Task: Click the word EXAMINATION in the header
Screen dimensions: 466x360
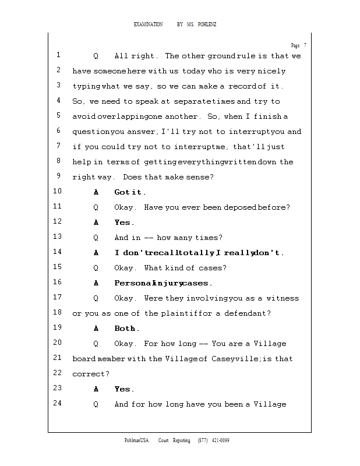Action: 148,24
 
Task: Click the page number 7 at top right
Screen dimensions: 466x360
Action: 305,45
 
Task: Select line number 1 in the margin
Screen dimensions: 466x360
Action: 58,56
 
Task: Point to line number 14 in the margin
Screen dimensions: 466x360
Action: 57,253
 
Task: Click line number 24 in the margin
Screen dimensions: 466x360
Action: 57,404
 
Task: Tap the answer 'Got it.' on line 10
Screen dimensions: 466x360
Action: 130,192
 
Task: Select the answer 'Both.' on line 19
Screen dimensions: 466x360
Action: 127,329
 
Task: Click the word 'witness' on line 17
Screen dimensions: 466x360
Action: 283,298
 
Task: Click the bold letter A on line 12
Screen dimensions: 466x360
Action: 96,223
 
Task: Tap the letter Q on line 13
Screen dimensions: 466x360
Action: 96,238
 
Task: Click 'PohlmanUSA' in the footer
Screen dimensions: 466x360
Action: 137,440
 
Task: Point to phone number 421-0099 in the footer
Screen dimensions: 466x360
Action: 219,440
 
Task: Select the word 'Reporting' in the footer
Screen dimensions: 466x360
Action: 181,440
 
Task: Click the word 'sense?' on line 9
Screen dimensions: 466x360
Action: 201,177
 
